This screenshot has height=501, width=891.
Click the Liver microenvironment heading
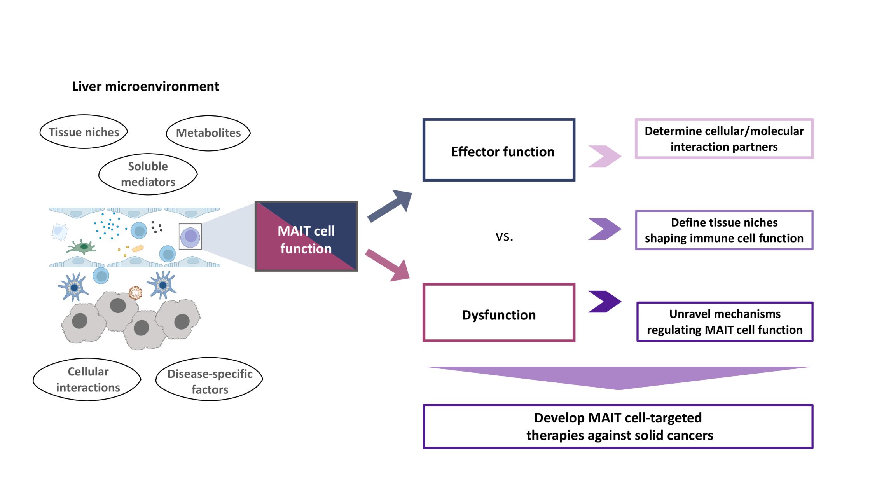(x=145, y=86)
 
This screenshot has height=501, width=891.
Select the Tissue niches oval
(x=84, y=132)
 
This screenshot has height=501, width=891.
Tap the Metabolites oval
(x=208, y=133)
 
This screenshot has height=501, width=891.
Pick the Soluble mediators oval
(x=148, y=174)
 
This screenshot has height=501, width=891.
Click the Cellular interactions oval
(x=87, y=379)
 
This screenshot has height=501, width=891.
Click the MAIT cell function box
(x=306, y=236)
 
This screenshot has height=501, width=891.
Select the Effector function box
(x=499, y=150)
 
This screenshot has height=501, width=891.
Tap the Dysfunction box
(x=499, y=313)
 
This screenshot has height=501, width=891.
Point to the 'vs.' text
(x=504, y=236)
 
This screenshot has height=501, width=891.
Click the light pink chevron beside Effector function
(x=604, y=156)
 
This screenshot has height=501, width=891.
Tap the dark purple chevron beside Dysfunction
(x=604, y=302)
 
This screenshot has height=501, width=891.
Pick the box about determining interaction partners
(x=724, y=139)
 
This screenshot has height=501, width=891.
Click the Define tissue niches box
(x=724, y=230)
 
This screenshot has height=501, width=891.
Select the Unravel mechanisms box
(x=725, y=322)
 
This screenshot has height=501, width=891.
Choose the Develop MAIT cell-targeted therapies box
(x=618, y=426)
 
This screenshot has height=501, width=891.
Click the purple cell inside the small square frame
(x=190, y=236)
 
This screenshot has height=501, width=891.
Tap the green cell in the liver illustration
(x=82, y=247)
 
